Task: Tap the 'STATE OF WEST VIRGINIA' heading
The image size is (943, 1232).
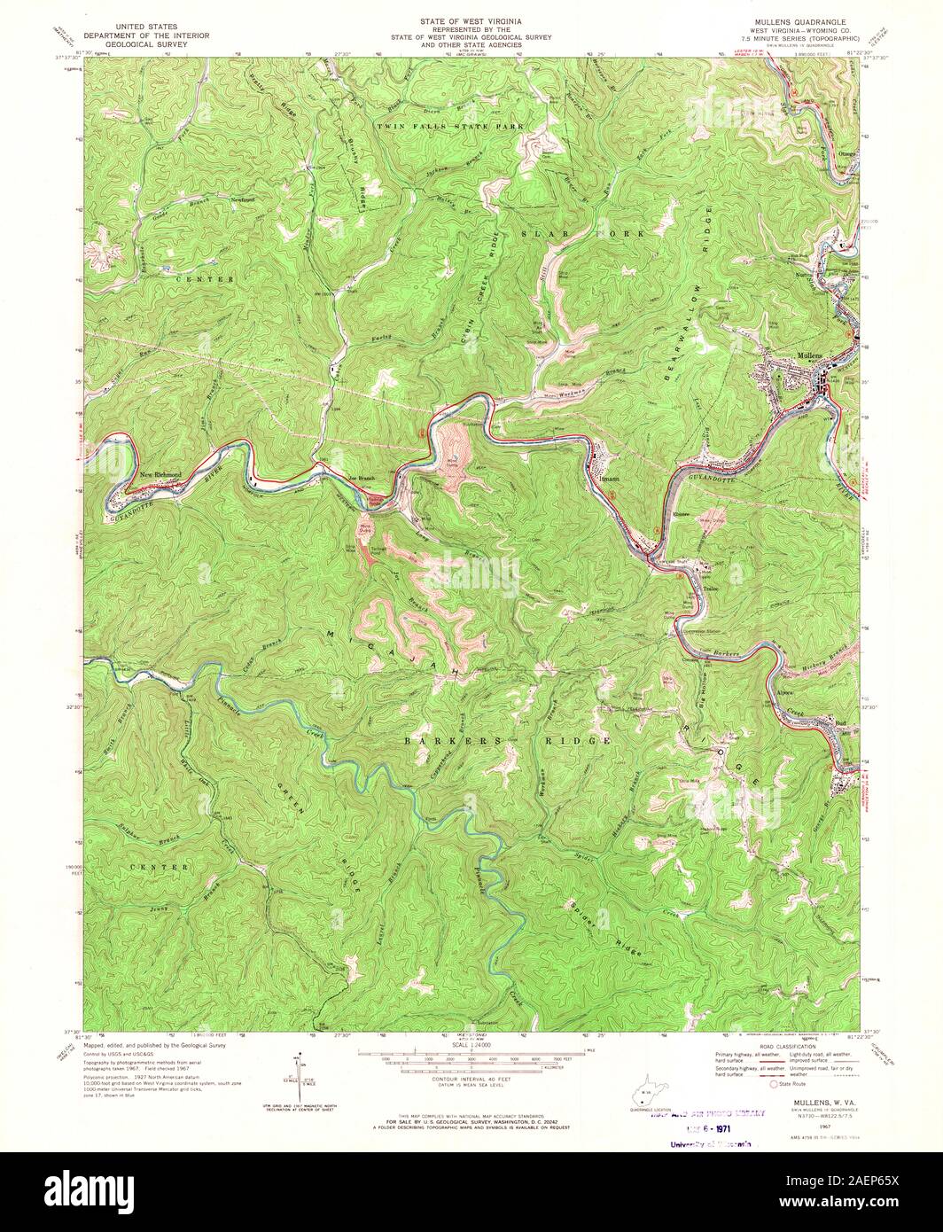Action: tap(471, 19)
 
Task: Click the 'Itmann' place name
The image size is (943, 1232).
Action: tap(609, 478)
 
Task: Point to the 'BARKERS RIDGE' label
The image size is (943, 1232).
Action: tap(507, 739)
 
